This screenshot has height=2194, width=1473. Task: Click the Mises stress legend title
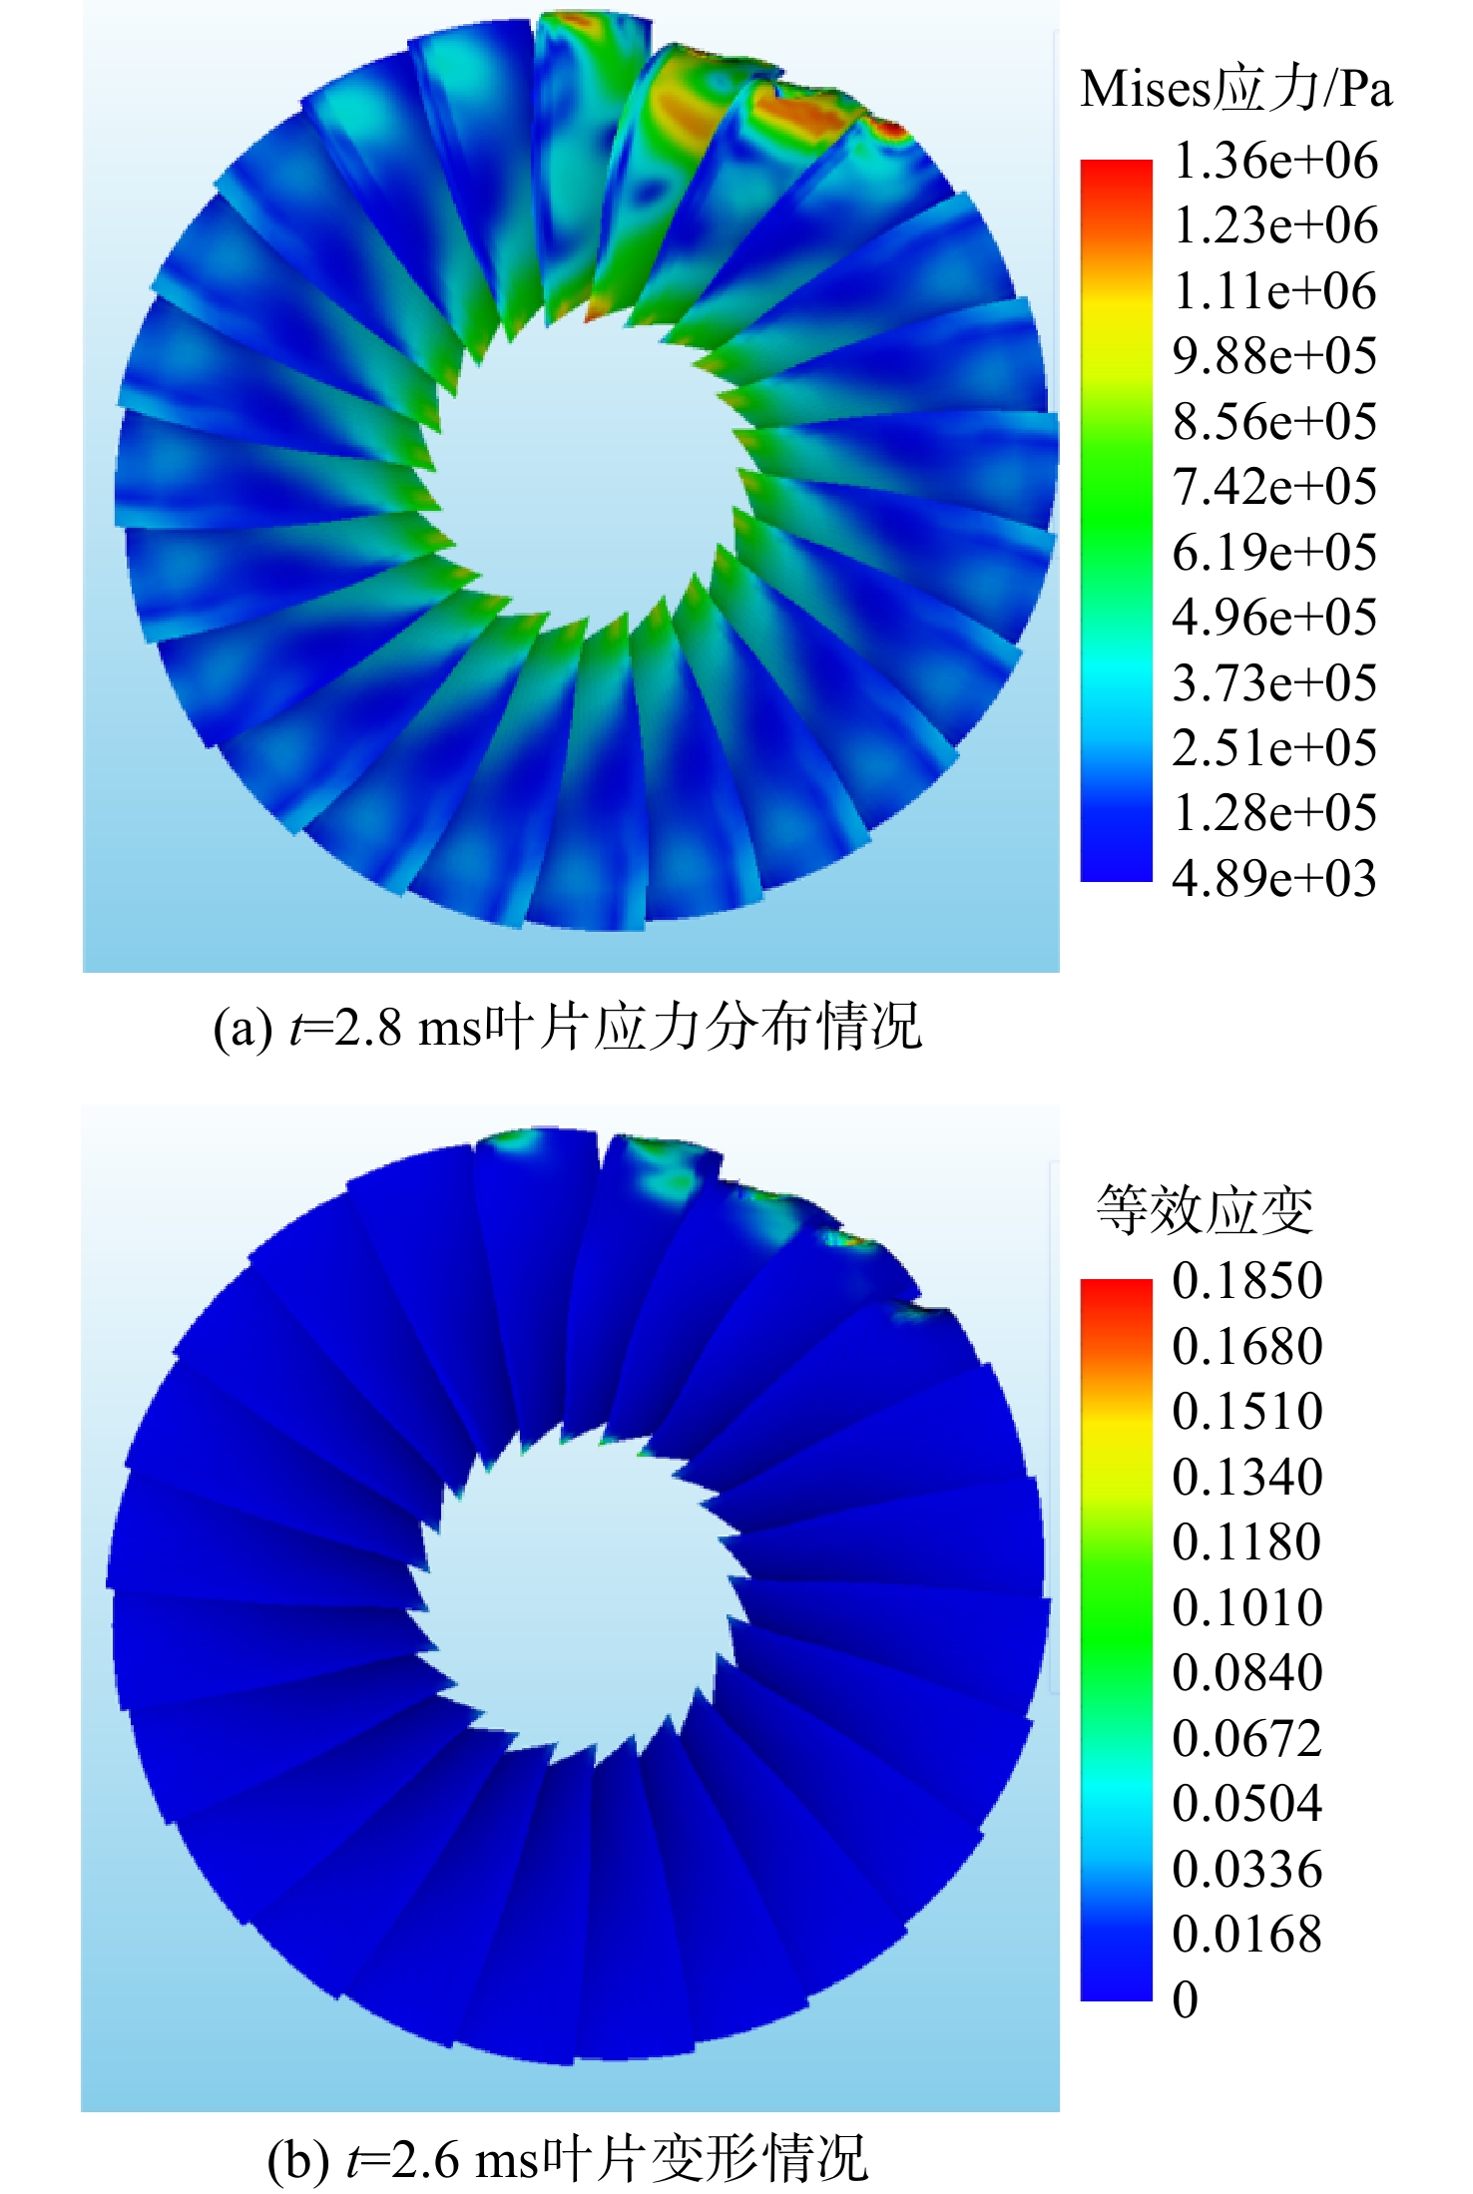1235,90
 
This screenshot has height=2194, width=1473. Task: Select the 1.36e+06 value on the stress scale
1274,161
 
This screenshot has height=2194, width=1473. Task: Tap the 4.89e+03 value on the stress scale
1274,879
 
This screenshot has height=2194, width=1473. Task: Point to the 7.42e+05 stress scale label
1274,487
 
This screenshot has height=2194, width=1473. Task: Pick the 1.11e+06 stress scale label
1274,291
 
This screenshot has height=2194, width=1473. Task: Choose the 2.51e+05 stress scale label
1274,748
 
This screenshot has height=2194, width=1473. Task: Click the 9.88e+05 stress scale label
1274,356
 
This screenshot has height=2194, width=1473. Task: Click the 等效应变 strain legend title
1205,1210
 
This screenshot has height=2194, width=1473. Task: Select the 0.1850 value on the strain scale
1247,1281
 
